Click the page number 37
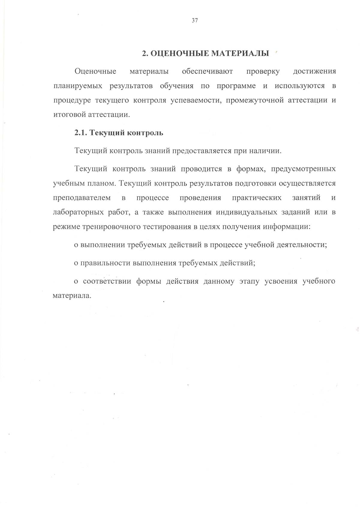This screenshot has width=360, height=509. coord(194,21)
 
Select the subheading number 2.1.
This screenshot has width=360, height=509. coord(80,133)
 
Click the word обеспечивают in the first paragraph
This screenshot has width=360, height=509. coord(207,71)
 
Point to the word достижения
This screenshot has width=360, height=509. coord(314,71)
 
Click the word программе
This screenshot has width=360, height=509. coord(236,86)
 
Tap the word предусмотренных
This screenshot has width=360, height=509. coord(303,169)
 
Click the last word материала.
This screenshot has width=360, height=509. coord(71,296)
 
